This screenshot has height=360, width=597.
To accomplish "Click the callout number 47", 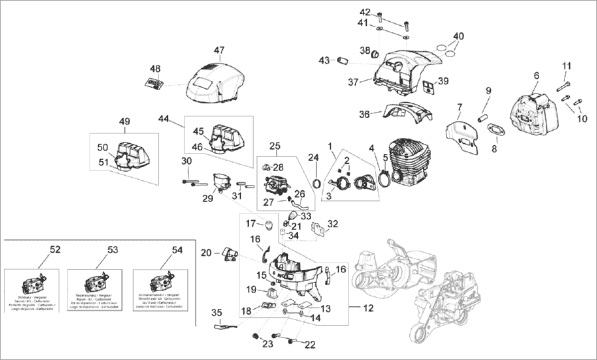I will [x=220, y=50].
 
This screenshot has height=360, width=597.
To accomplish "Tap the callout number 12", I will [x=369, y=308].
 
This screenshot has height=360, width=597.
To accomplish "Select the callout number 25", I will [x=275, y=145].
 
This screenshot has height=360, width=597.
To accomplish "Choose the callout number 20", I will [x=206, y=252].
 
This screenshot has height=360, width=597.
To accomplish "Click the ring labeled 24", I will [x=318, y=182].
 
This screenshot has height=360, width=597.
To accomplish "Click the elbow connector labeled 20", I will [x=231, y=253].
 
